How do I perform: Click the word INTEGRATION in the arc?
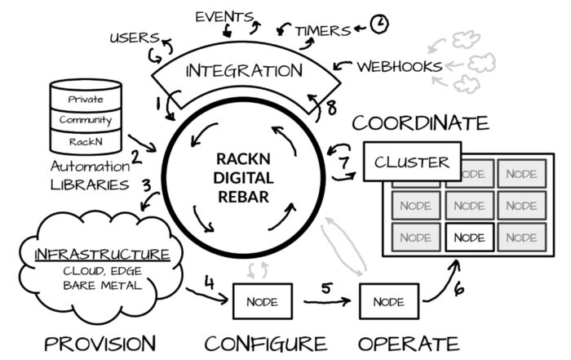[x=244, y=70]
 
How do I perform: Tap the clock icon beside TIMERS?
[x=379, y=24]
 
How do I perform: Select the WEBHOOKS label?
[x=400, y=67]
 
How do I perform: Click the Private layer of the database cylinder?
[x=86, y=99]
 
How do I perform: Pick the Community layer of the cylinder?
[x=86, y=120]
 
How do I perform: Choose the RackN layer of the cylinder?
[x=86, y=141]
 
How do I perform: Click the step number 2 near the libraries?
[x=136, y=158]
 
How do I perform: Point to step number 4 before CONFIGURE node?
[x=209, y=282]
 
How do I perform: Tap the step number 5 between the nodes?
[x=326, y=288]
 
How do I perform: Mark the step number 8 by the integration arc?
[x=331, y=108]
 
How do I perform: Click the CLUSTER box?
[x=412, y=162]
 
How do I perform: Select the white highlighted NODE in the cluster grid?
[x=469, y=238]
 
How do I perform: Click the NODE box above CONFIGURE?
[x=263, y=301]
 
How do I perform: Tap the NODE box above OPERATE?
[x=389, y=301]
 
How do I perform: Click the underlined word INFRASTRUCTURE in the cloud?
[x=102, y=254]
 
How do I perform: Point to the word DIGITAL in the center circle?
[x=243, y=178]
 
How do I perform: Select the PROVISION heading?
[x=100, y=344]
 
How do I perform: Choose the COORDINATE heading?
[x=420, y=122]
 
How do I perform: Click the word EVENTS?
[x=224, y=17]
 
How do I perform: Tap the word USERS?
[x=135, y=38]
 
